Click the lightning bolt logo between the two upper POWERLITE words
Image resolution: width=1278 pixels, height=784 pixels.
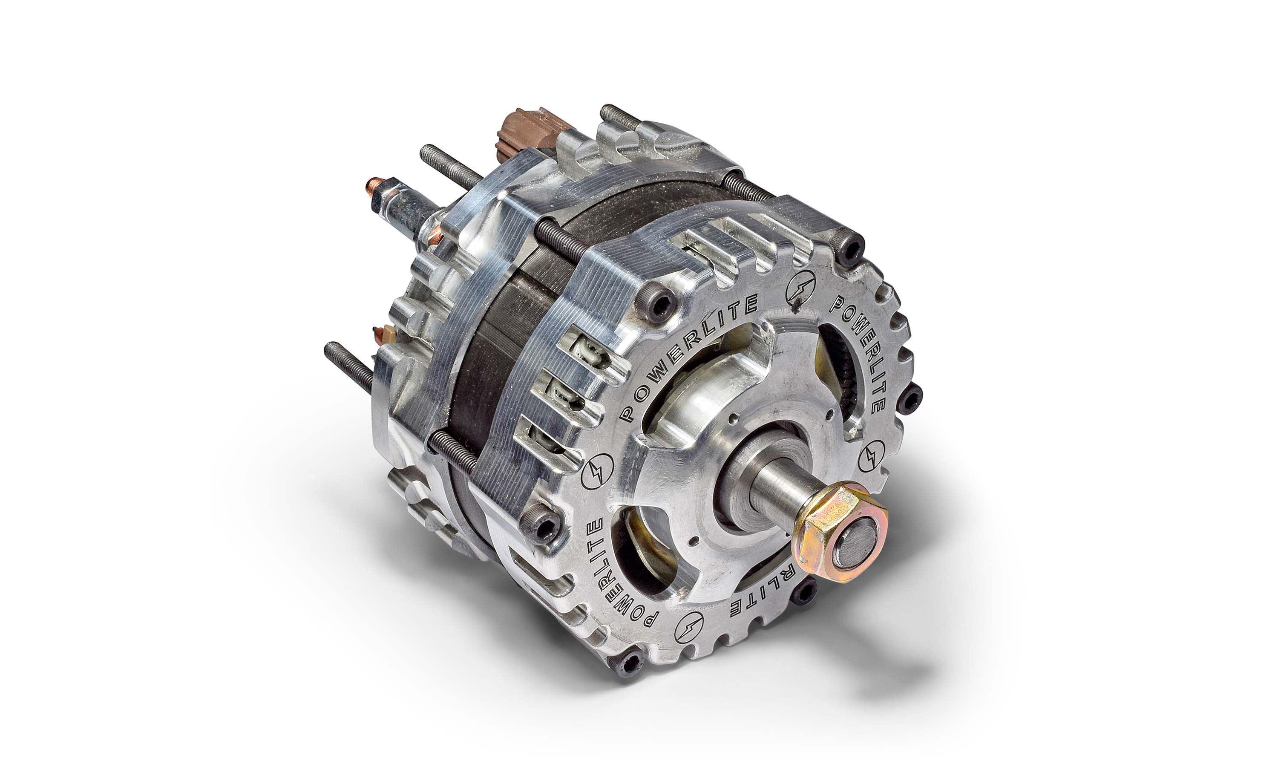click(800, 288)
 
